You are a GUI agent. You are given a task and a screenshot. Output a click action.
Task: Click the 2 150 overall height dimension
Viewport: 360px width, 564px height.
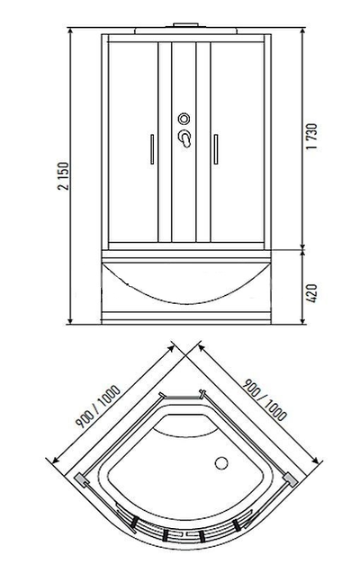63,176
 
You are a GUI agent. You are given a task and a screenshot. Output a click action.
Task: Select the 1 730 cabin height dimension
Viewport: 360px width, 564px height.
312,137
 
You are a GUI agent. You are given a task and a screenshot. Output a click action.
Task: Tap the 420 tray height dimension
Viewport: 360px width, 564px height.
311,293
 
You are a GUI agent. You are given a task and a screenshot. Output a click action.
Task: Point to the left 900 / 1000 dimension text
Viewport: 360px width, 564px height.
98,407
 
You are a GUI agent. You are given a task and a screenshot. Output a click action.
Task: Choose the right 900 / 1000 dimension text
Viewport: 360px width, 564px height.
265,399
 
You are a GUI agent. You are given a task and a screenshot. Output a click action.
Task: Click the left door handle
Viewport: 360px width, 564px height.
152,149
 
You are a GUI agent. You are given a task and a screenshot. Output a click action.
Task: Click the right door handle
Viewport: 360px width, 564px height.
216,149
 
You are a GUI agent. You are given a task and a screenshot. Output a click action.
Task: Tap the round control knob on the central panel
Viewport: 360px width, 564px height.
184,119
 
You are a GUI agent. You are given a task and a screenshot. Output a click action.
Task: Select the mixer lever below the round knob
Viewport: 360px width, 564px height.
185,139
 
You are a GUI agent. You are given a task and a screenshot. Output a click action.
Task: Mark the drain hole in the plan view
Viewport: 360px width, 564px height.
221,463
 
